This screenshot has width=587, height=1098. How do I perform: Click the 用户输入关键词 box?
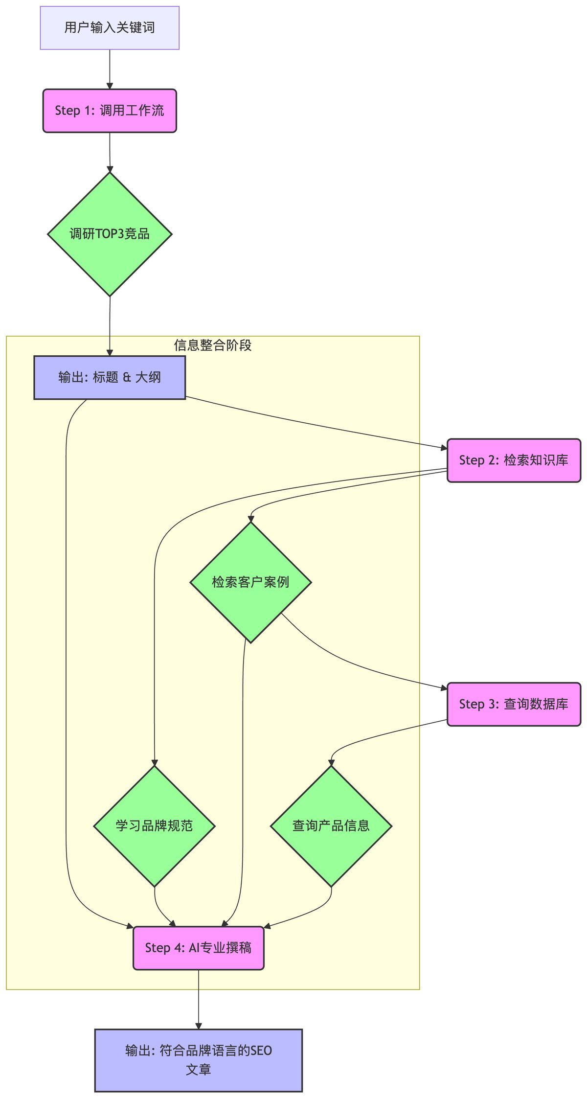110,28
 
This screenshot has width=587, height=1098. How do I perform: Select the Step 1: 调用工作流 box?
110,111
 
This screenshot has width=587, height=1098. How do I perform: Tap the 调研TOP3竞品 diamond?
110,234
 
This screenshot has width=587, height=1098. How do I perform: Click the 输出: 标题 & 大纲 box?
110,377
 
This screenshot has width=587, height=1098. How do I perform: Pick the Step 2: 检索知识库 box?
514,460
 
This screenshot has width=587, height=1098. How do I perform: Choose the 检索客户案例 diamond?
250,582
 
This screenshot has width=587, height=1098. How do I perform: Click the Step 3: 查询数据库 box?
514,704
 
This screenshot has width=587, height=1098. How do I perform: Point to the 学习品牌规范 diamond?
155,826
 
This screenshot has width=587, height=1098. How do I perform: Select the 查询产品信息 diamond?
331,826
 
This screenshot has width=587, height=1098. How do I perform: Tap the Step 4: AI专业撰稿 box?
199,948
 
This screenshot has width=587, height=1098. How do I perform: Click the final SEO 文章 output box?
199,1060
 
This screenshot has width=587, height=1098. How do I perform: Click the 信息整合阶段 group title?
213,345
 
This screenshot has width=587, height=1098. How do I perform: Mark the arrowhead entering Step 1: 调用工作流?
110,86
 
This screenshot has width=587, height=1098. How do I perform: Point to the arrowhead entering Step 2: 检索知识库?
444,448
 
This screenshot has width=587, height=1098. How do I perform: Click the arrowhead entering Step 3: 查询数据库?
444,688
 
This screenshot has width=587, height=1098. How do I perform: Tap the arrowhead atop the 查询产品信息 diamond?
331,763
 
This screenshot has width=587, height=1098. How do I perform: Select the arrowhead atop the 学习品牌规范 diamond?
155,763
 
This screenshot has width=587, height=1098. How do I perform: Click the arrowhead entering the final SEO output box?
199,1026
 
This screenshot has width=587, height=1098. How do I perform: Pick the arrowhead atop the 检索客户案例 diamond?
250,519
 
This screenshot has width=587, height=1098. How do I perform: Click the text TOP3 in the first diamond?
110,234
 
